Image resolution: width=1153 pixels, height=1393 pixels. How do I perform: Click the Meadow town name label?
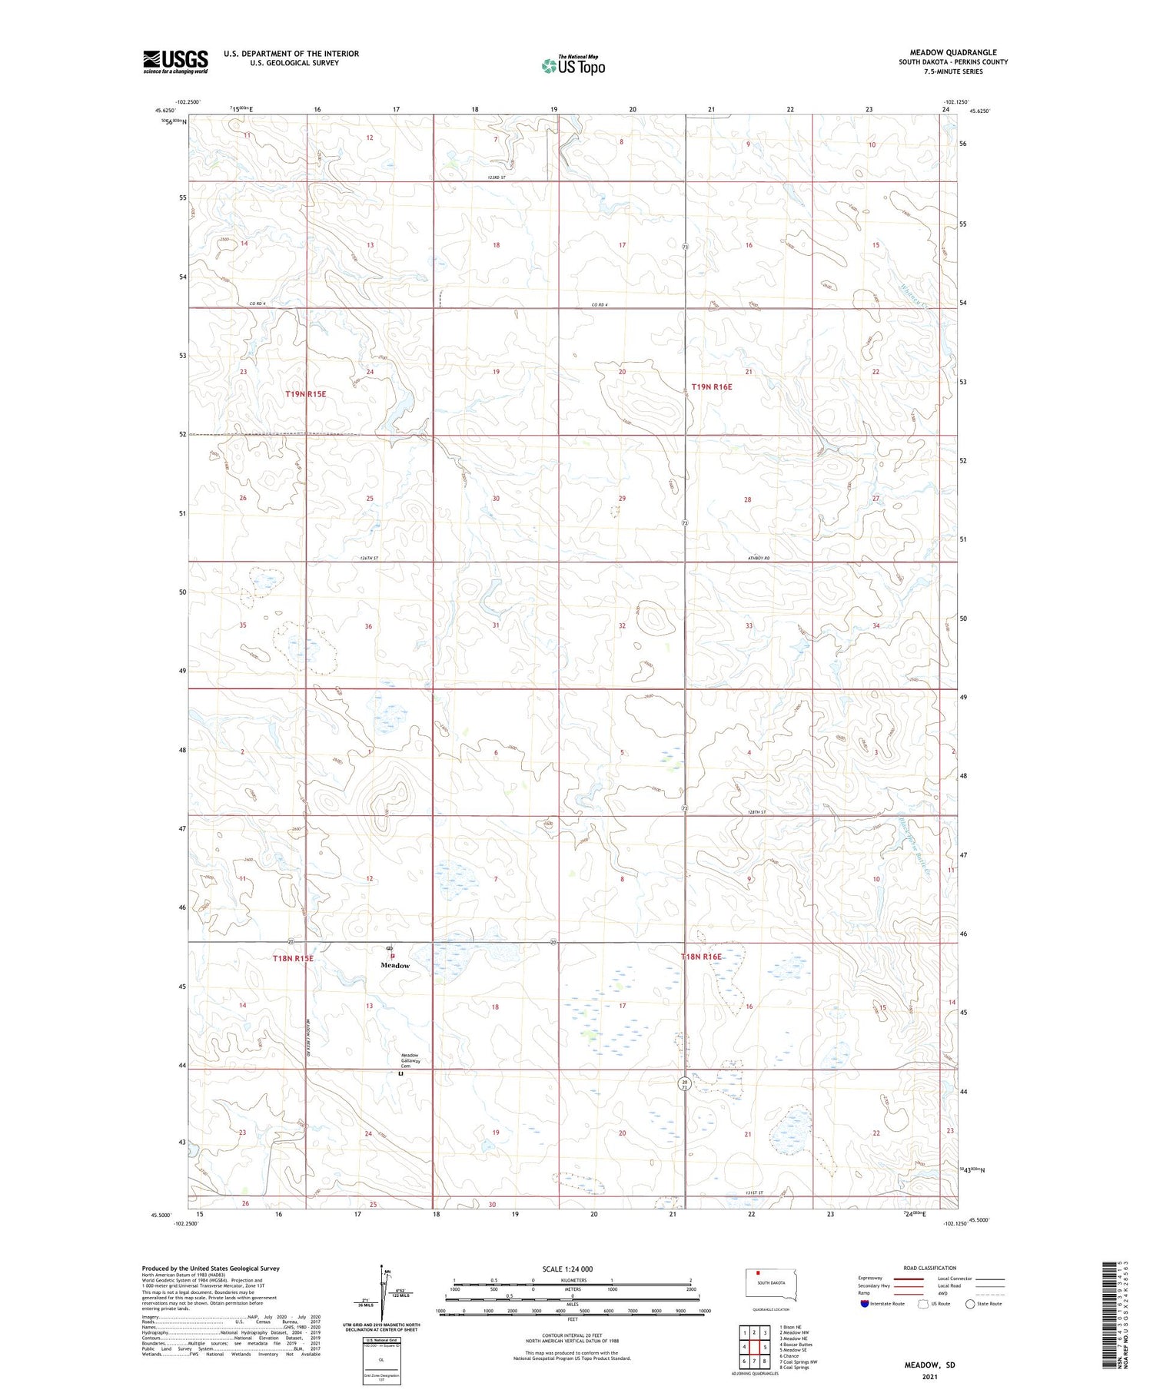pyautogui.click(x=395, y=965)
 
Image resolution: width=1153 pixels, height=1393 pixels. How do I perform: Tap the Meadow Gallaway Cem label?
pyautogui.click(x=410, y=1060)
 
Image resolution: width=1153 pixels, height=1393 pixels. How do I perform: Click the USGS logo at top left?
pyautogui.click(x=175, y=61)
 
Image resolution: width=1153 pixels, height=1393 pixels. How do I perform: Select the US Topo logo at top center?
pyautogui.click(x=573, y=65)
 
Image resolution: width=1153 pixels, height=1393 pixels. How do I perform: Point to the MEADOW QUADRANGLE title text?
pyautogui.click(x=953, y=52)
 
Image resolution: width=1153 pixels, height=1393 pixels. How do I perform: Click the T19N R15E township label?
pyautogui.click(x=306, y=393)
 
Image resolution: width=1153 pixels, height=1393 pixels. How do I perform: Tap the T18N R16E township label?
pyautogui.click(x=701, y=957)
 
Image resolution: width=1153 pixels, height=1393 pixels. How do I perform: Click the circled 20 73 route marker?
pyautogui.click(x=684, y=1083)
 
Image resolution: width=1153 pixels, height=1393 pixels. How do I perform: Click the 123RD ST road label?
pyautogui.click(x=497, y=177)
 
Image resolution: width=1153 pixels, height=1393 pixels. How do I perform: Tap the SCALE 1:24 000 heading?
pyautogui.click(x=567, y=1269)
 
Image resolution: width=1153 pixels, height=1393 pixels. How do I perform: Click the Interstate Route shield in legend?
pyautogui.click(x=865, y=1304)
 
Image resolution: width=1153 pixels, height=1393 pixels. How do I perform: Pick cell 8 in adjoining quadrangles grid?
pyautogui.click(x=765, y=1361)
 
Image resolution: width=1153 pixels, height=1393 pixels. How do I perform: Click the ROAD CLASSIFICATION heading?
pyautogui.click(x=930, y=1268)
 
